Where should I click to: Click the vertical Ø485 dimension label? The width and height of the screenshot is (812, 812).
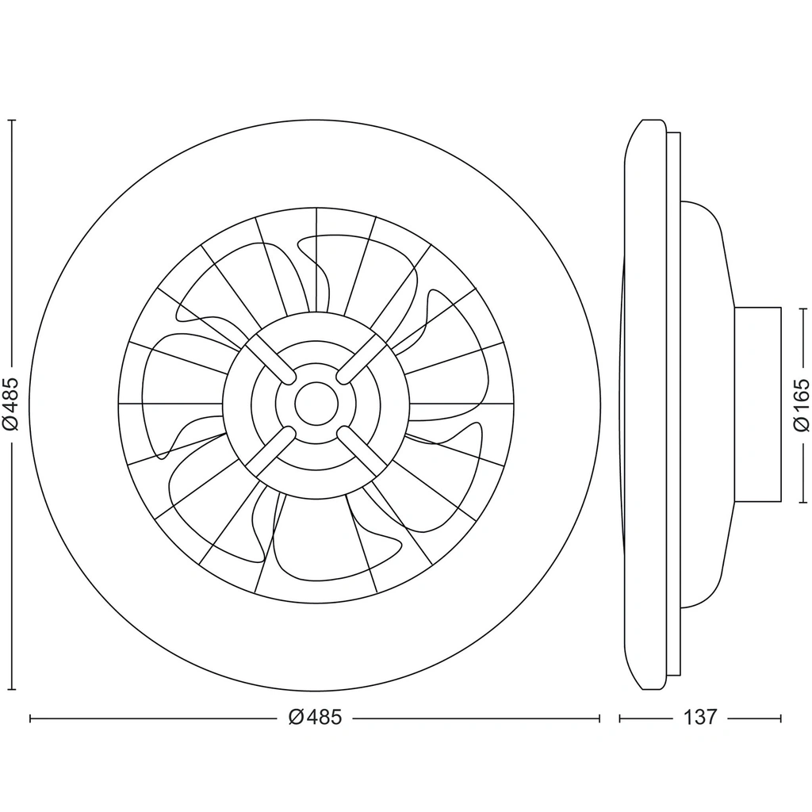click(x=11, y=404)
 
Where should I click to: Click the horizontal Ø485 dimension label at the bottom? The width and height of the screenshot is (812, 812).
click(x=316, y=718)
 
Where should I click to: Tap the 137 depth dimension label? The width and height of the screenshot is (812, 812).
click(x=700, y=718)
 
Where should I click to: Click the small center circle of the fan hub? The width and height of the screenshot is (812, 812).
click(x=316, y=404)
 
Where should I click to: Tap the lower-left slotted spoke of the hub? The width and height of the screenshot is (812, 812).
click(x=270, y=451)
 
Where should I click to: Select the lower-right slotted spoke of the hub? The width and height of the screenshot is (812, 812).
click(x=363, y=451)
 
